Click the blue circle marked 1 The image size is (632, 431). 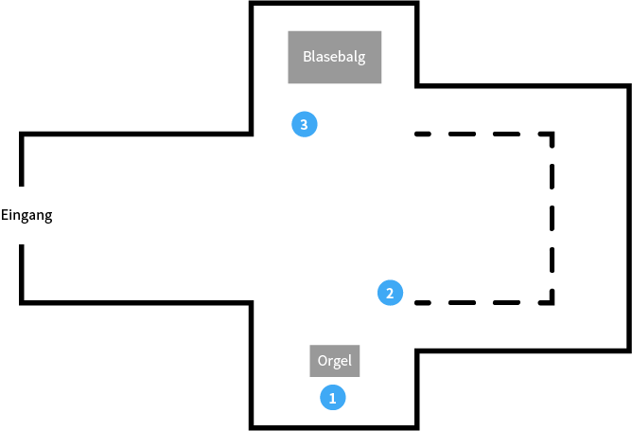point(331,397)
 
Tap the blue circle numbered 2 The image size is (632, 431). point(389,293)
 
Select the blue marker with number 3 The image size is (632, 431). point(304,124)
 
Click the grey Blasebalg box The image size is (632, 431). point(335,57)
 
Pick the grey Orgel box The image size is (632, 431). point(335,360)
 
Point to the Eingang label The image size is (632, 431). point(26,215)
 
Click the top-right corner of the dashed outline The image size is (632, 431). point(553,135)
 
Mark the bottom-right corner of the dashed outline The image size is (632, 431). point(553,303)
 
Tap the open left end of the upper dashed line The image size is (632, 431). point(416,135)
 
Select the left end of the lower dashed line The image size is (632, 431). point(416,303)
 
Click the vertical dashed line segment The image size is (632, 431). point(553,219)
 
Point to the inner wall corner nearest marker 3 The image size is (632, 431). point(252,135)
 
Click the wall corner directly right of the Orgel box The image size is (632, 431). point(416,350)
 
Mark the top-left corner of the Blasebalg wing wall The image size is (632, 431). point(252,4)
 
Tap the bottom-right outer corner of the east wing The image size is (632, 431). point(629,350)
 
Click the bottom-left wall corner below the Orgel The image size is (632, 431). point(252,426)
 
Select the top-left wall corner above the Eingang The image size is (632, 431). point(21,135)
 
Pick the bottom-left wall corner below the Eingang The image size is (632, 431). point(21,302)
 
